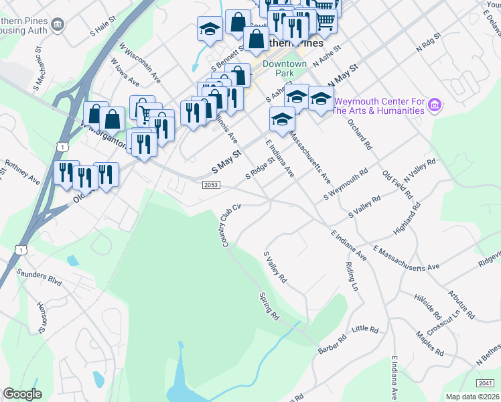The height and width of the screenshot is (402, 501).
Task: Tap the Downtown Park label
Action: pyautogui.click(x=285, y=68)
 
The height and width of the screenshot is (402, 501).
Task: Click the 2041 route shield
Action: pyautogui.click(x=487, y=383)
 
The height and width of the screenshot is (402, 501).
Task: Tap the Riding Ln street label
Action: pyautogui.click(x=352, y=275)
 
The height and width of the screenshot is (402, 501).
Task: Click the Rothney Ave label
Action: pyautogui.click(x=23, y=171)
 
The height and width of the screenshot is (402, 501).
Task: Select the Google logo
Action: pyautogui.click(x=22, y=394)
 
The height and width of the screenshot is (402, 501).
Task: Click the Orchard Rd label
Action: pyautogui.click(x=360, y=134)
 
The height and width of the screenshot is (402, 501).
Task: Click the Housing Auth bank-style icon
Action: pyautogui.click(x=58, y=25)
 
